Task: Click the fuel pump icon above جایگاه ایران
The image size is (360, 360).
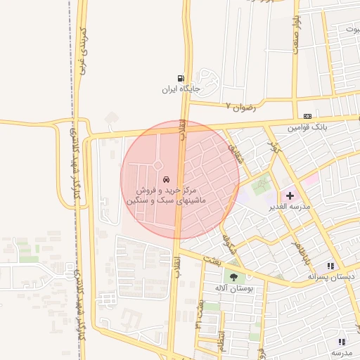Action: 182,78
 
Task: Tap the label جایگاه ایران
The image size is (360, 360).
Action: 177,89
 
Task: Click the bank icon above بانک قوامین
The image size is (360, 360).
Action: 307,116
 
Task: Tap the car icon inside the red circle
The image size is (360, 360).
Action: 166,180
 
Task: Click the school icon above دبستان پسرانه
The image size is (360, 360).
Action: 330,266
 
